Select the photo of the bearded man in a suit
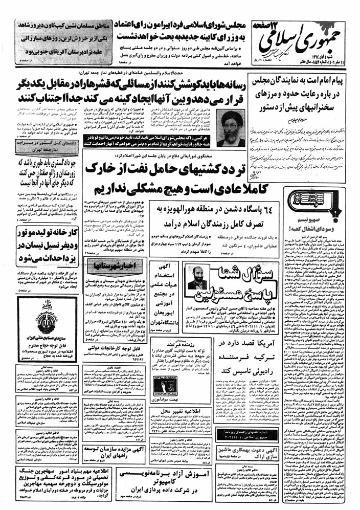click(194, 279)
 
